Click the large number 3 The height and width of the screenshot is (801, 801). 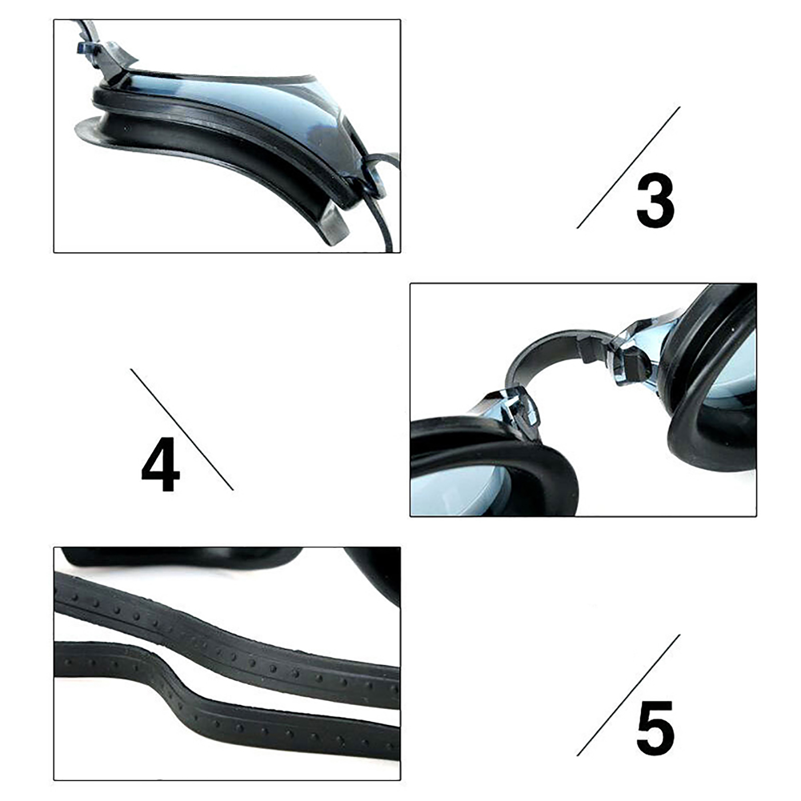click(x=655, y=200)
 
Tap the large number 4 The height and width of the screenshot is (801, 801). click(x=160, y=464)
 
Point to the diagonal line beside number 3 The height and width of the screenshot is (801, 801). click(x=628, y=167)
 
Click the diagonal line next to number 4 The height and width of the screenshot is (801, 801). click(x=182, y=430)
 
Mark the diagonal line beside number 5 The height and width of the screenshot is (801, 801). click(x=628, y=695)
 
